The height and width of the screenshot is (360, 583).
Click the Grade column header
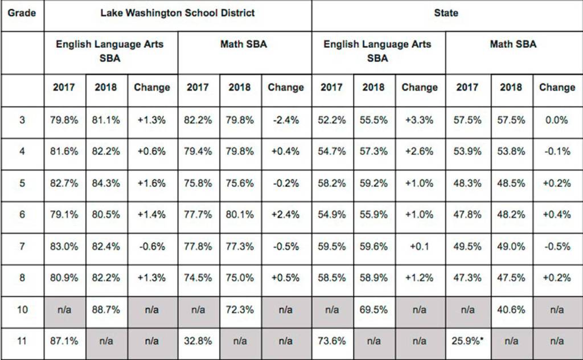[x=22, y=12]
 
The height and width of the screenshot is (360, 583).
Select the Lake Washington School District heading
[x=178, y=12]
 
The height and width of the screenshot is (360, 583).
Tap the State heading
[x=446, y=12]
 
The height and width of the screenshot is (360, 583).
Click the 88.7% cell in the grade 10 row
[x=106, y=310]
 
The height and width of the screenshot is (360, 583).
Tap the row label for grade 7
[x=22, y=247]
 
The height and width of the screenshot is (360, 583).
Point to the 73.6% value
[x=331, y=341]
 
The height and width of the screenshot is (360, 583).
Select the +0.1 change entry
[x=420, y=247]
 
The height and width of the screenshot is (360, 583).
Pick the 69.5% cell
[x=373, y=310]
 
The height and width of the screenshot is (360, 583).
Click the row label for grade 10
[x=22, y=310]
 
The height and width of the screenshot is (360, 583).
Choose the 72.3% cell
[x=240, y=310]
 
